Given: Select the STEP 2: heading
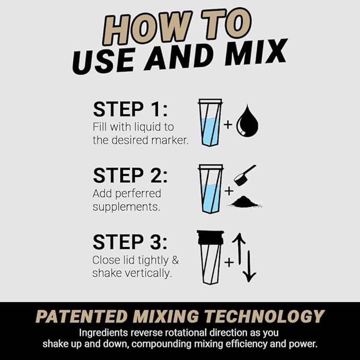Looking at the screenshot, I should [130, 175].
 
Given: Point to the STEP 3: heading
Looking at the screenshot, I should [130, 242].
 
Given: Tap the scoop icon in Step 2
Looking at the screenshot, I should [244, 174].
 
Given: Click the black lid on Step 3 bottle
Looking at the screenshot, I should [210, 237].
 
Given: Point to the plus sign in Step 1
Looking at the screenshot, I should [228, 125].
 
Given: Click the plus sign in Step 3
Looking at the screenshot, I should [229, 261].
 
